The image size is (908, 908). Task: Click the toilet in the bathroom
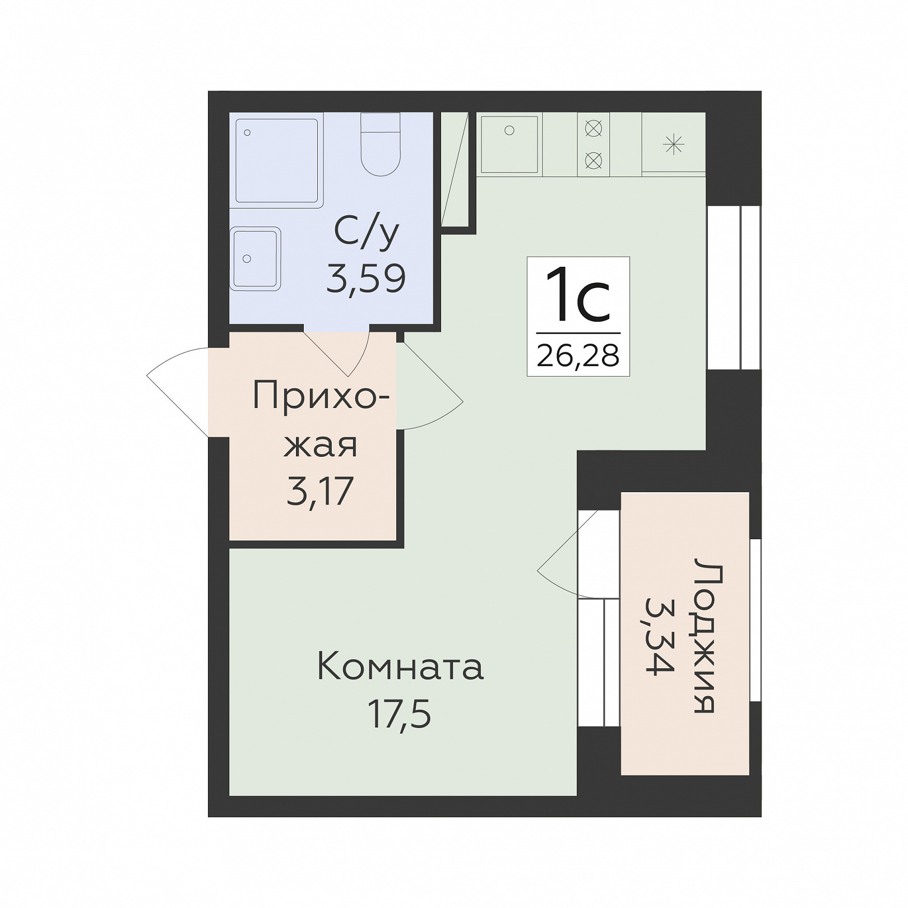pos(380,144)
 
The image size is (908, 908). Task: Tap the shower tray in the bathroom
pos(277,160)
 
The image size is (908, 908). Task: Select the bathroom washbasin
pos(256,259)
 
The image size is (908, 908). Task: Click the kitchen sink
pos(509,144)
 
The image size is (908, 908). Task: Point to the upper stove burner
pos(593,129)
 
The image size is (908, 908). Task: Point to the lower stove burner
pos(593,161)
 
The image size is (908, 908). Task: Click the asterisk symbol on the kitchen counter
pos(673,145)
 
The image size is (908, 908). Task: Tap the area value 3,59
pos(366,279)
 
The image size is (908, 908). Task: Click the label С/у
pos(367,233)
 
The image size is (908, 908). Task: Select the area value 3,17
pos(320,491)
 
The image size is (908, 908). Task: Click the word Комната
pos(400,667)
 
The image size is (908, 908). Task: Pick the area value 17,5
pos(400,714)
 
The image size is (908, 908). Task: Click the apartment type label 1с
pos(578,295)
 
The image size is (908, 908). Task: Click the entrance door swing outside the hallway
pos(177,392)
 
